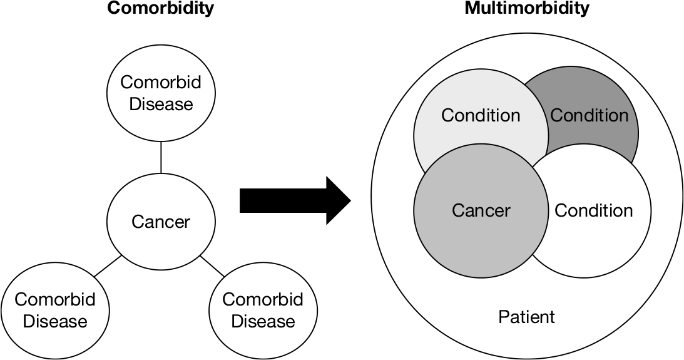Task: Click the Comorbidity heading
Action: (x=161, y=9)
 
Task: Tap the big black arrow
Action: (x=294, y=200)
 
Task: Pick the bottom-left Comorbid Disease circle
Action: (x=54, y=309)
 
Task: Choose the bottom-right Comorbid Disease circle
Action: (x=262, y=309)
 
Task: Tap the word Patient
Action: (x=526, y=317)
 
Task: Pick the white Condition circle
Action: (x=601, y=232)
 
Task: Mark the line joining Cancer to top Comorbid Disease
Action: (x=161, y=157)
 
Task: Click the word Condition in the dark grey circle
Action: (x=589, y=116)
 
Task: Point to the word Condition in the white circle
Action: (x=593, y=210)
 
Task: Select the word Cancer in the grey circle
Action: (x=481, y=210)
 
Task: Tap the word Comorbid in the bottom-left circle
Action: (x=55, y=299)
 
